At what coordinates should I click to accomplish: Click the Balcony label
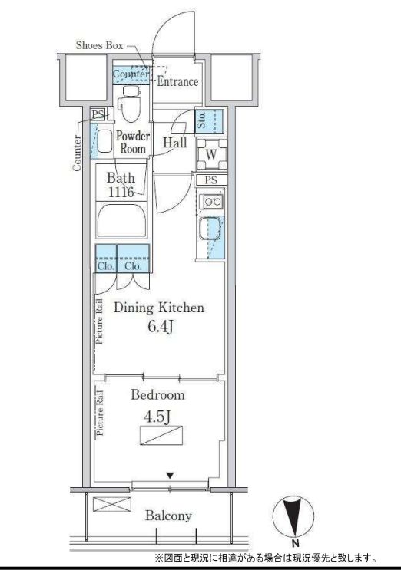click(168, 516)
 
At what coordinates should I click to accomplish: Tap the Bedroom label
click(158, 395)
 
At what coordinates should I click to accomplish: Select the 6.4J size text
click(160, 327)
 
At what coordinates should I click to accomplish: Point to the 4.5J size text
click(158, 417)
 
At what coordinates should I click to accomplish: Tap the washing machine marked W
click(211, 154)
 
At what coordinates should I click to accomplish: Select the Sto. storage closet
click(209, 122)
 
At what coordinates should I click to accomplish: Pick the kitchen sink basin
click(210, 229)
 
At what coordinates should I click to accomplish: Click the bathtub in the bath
click(121, 221)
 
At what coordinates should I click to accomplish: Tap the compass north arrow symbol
click(293, 516)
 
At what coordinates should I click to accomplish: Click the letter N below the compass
click(295, 544)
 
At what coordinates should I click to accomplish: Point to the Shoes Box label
click(99, 45)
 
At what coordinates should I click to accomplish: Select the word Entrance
click(177, 81)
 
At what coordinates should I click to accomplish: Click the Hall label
click(175, 143)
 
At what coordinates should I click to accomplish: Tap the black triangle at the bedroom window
click(170, 476)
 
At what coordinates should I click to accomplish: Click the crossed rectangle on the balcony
click(112, 504)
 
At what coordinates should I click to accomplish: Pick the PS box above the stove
click(210, 180)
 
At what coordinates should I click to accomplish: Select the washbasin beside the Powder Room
click(105, 141)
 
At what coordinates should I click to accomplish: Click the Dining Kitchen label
click(159, 308)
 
